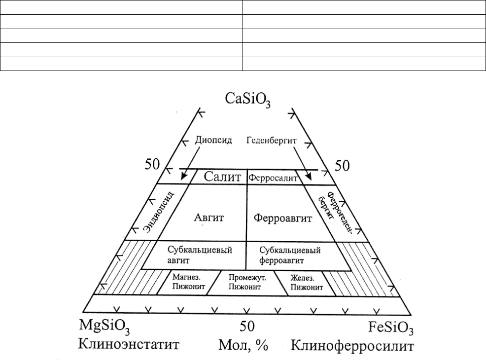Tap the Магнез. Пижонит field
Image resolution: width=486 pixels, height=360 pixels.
click(x=187, y=283)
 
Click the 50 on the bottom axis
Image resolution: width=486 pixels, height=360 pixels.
click(x=247, y=326)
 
